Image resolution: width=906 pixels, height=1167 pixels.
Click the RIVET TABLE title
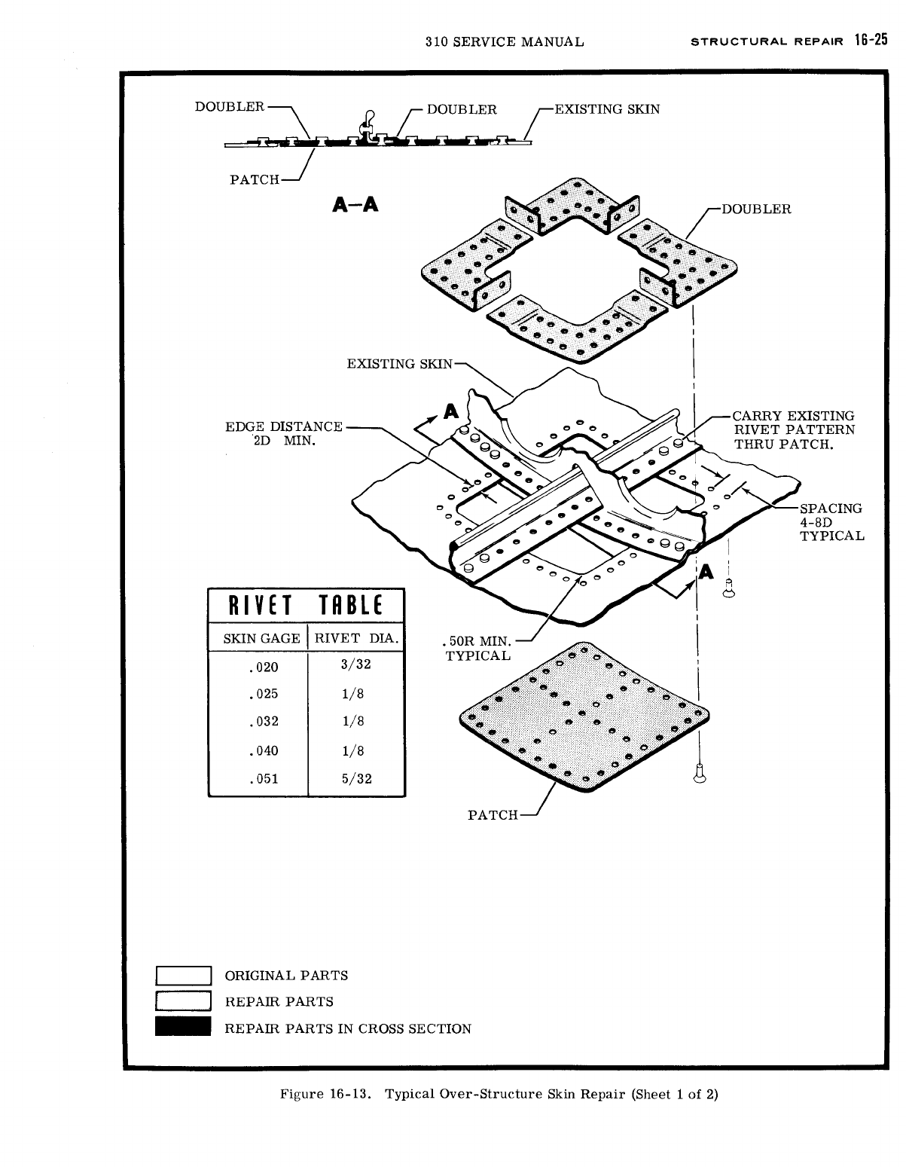(306, 606)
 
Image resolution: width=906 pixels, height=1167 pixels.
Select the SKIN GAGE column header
(261, 639)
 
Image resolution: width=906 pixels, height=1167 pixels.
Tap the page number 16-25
(870, 41)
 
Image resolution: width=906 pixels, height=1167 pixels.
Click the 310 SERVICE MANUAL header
(504, 42)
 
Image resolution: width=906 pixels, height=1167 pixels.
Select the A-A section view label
(354, 205)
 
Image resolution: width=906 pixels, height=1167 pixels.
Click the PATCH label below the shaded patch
(493, 814)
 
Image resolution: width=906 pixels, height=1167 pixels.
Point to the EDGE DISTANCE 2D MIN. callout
(284, 433)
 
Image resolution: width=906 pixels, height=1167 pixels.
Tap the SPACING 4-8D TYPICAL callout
(831, 521)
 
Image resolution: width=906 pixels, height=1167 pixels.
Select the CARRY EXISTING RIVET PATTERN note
(795, 429)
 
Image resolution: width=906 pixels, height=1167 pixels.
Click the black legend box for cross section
(182, 1028)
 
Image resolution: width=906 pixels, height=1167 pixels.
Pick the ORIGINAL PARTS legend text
(286, 976)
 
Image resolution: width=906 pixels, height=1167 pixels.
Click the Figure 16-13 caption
(499, 1094)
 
